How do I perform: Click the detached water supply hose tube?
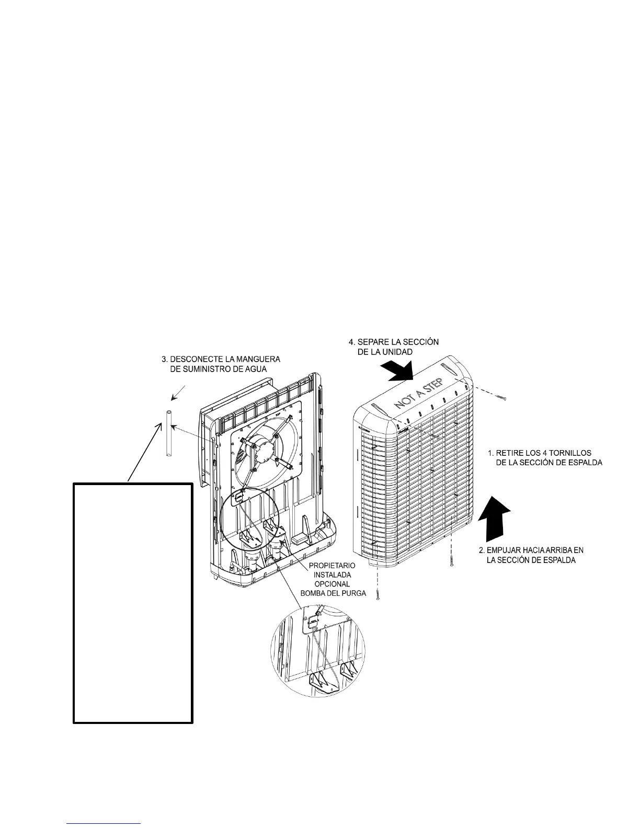click(169, 434)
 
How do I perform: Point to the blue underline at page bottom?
click(104, 823)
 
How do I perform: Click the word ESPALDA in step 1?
click(584, 463)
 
